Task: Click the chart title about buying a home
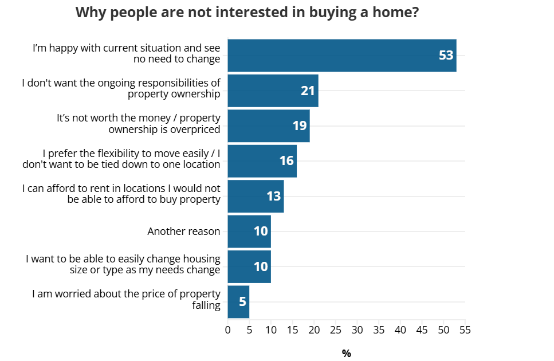coord(247,13)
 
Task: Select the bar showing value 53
coord(341,56)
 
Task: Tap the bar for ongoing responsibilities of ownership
coord(273,91)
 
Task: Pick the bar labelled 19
coord(268,125)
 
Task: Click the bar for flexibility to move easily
coord(262,161)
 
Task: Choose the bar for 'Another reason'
coord(249,231)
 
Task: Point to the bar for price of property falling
coord(238,301)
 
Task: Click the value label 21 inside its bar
coord(308,91)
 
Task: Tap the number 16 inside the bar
coord(287,161)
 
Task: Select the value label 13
coord(274,196)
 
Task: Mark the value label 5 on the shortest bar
coord(242,301)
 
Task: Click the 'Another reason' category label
coord(183,231)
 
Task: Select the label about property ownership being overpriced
coord(138,123)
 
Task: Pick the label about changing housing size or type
coord(123,264)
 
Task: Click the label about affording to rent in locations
coord(121,194)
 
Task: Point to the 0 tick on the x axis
coord(227,330)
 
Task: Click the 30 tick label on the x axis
coord(357,330)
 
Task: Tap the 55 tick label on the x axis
coord(465,330)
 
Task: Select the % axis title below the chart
coord(346,354)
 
